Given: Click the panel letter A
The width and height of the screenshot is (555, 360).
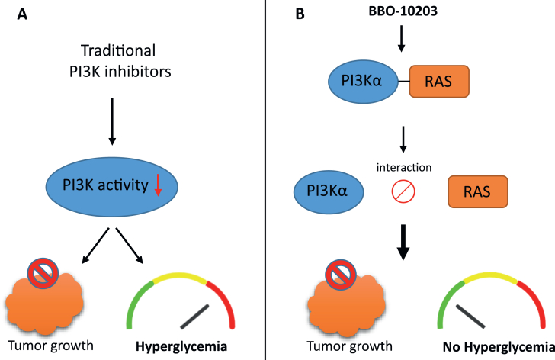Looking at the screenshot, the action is (x=22, y=14).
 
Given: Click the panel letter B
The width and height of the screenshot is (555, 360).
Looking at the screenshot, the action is (x=300, y=14).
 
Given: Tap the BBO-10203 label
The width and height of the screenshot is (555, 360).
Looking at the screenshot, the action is (x=403, y=11).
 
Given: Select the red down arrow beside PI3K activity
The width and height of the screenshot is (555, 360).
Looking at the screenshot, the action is (x=158, y=185).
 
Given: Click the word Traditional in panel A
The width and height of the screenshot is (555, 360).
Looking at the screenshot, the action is (x=118, y=50).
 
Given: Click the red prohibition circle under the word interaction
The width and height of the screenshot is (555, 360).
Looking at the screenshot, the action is (x=403, y=191).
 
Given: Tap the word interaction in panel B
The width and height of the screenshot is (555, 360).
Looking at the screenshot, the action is (x=404, y=167).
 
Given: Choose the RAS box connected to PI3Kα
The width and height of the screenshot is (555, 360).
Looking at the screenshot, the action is (x=439, y=81).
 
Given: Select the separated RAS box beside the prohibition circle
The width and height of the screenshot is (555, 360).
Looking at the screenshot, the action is (x=478, y=191).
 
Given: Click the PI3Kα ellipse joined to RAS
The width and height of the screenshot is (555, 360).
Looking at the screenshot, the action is (x=363, y=82).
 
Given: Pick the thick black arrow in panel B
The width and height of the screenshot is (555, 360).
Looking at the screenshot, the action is (x=403, y=242).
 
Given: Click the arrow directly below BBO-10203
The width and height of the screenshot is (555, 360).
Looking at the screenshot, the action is (x=401, y=39).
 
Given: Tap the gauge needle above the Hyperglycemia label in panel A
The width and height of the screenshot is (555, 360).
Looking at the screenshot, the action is (x=194, y=317).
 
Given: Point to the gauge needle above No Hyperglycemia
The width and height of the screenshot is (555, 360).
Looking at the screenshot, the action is (x=470, y=316).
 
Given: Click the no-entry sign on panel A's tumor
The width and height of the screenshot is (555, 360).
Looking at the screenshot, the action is (x=43, y=273).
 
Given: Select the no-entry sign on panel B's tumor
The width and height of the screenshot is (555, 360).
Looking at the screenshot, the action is (x=341, y=275).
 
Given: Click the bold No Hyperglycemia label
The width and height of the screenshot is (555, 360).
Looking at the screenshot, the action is (x=499, y=347).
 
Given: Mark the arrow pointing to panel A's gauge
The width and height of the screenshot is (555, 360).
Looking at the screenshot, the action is (x=130, y=246).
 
